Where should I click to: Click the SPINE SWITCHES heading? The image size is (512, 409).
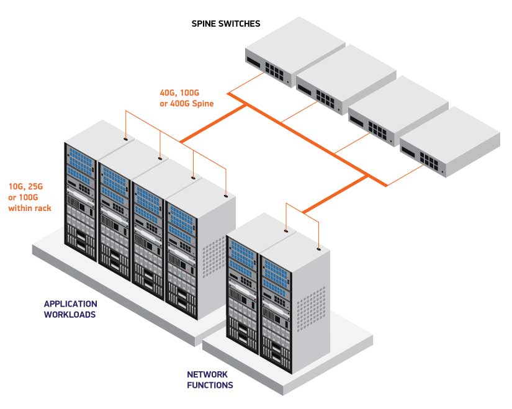[226, 24]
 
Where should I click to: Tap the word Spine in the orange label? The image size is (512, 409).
[203, 104]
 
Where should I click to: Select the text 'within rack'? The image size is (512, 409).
[30, 208]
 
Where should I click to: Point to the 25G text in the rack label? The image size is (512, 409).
[35, 187]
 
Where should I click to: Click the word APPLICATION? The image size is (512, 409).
[71, 304]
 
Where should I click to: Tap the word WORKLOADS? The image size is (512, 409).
[70, 315]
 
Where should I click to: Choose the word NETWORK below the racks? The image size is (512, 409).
[207, 374]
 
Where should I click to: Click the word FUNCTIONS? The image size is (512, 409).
[210, 385]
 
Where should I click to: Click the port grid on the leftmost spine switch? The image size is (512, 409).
[274, 71]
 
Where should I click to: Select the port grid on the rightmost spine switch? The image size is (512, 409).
[429, 162]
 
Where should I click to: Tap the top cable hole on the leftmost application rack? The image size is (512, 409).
[126, 139]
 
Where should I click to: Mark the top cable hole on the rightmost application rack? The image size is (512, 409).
[226, 196]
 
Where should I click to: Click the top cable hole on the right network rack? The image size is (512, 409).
[319, 249]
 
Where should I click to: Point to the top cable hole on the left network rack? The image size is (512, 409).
[286, 231]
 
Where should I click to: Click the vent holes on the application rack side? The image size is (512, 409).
[214, 258]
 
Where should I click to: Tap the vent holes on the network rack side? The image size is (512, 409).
[310, 308]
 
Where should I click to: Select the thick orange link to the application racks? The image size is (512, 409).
[213, 124]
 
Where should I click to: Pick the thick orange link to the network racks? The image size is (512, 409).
[335, 194]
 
